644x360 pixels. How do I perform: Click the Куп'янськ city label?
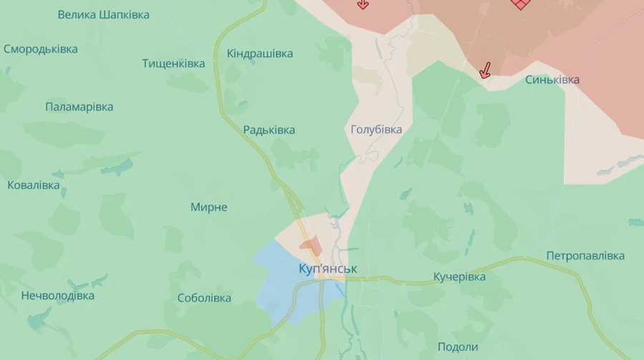328,269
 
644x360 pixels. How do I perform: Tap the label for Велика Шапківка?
104,14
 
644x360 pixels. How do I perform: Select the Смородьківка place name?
41,49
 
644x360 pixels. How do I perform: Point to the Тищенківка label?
173,64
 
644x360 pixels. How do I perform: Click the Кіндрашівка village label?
260,54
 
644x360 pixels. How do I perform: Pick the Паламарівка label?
79,107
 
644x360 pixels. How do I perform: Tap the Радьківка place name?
269,130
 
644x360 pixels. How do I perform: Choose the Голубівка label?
376,130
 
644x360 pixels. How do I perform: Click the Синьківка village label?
552,79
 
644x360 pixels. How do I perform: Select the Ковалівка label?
34,185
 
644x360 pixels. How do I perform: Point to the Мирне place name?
209,208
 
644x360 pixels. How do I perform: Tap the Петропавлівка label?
585,256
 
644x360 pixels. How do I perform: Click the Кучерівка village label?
459,276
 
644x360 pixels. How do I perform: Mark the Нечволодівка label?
58,296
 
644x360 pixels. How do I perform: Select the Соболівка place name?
205,298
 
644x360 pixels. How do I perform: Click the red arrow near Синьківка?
485,70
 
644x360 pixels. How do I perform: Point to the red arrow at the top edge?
363,4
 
